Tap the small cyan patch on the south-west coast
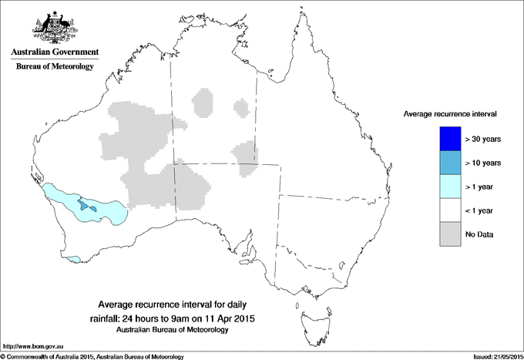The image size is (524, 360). click(74, 259)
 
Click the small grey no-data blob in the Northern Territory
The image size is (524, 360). click(204, 102)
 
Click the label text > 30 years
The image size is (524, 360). click(483, 139)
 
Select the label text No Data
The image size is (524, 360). click(479, 234)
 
